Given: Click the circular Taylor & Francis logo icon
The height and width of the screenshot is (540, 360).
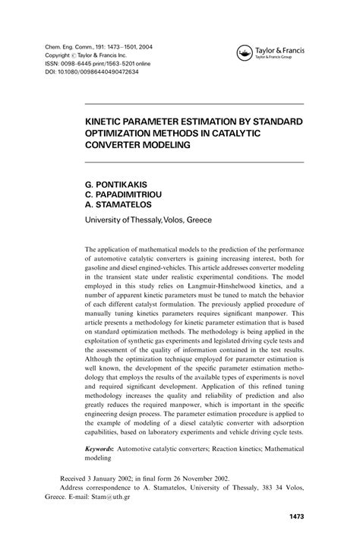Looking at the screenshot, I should tap(245, 53).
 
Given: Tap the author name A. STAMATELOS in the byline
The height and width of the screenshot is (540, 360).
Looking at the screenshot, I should tap(125, 206).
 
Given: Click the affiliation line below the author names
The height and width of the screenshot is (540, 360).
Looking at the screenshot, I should tap(148, 220).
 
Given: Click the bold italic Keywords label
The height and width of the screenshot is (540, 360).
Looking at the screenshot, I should tap(106, 450).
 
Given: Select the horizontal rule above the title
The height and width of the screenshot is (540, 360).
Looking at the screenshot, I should tap(194, 104).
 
